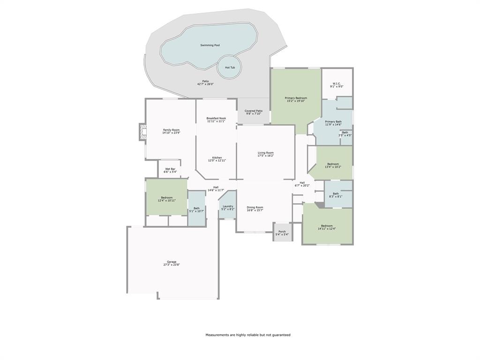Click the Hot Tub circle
(x=230, y=67)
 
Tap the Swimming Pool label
(x=210, y=45)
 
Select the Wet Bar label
(x=170, y=169)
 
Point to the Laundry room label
(x=228, y=206)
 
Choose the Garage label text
(x=172, y=262)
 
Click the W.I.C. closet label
(x=337, y=84)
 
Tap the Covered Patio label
(x=254, y=111)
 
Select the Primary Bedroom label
(x=296, y=98)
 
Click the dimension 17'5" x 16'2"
(x=265, y=156)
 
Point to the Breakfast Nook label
(x=216, y=118)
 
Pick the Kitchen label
(x=217, y=157)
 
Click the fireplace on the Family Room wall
(x=142, y=132)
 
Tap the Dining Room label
(x=255, y=207)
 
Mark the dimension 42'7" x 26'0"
(x=205, y=84)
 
